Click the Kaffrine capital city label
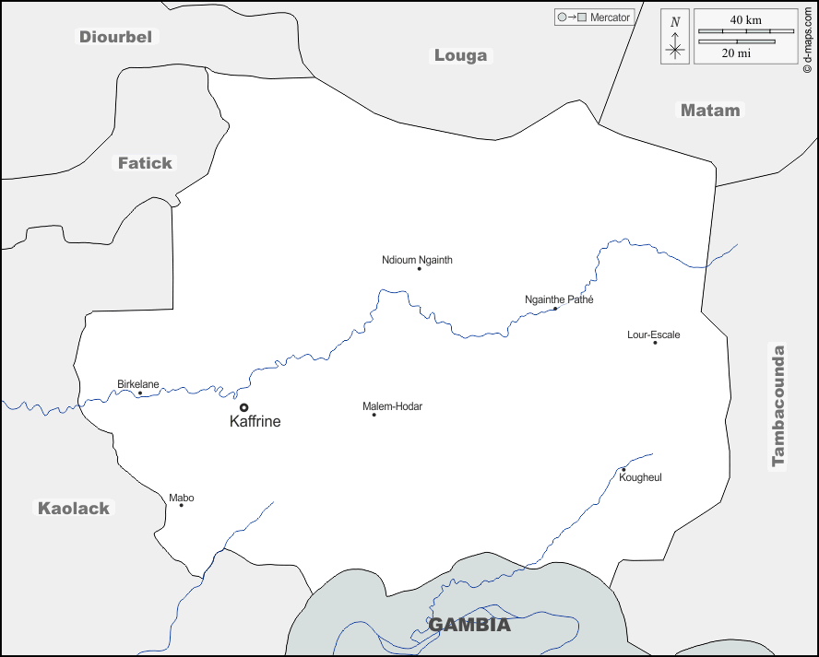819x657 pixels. [255, 421]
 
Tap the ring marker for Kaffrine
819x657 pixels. [243, 406]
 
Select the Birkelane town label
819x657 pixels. [138, 383]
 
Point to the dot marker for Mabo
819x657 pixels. [181, 505]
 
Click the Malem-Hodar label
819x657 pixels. [392, 406]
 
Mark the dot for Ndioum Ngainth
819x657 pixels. [419, 269]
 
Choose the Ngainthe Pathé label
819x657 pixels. [559, 299]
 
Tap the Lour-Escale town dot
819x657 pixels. [655, 343]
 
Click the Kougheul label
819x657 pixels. [640, 477]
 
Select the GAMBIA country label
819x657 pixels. [469, 625]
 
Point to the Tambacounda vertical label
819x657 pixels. [778, 406]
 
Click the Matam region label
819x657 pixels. [710, 110]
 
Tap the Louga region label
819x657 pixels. [460, 55]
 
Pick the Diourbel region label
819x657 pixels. [116, 37]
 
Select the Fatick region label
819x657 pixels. [145, 163]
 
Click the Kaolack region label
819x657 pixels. [73, 508]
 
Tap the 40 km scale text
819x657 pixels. [745, 19]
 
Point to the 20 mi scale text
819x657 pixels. [736, 53]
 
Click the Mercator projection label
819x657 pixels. [610, 18]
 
